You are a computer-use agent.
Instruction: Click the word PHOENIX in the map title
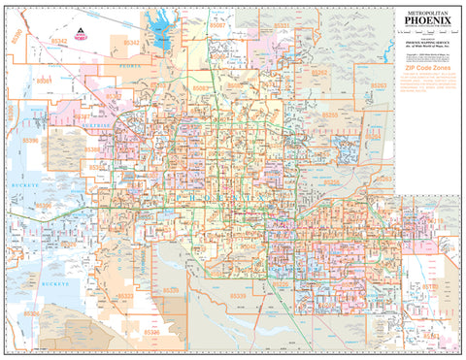[425, 21]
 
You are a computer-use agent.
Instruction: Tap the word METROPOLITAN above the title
[425, 11]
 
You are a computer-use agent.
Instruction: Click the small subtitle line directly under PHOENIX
[425, 31]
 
